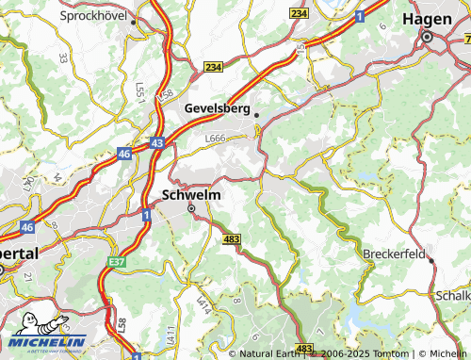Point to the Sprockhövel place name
coord(94,16)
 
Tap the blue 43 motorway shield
coord(156,142)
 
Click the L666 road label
coord(215,139)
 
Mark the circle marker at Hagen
coord(427,38)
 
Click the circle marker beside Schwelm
coord(191,209)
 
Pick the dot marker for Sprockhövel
coord(134,21)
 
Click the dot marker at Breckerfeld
coord(432,260)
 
